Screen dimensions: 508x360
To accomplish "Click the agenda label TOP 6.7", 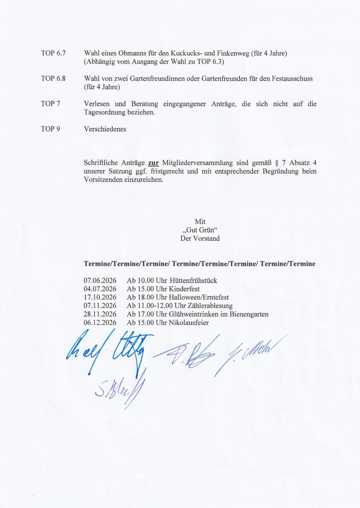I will click(53, 53).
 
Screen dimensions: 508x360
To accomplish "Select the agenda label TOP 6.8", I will click(53, 79).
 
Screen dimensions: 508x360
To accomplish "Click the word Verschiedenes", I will click(105, 129).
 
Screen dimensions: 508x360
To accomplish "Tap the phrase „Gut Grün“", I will click(200, 230).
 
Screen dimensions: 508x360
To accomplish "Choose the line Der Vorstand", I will click(200, 238).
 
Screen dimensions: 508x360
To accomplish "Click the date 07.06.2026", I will click(100, 281).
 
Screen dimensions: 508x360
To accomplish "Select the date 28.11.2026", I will click(100, 314).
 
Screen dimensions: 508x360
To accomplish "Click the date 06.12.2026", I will click(100, 323).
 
